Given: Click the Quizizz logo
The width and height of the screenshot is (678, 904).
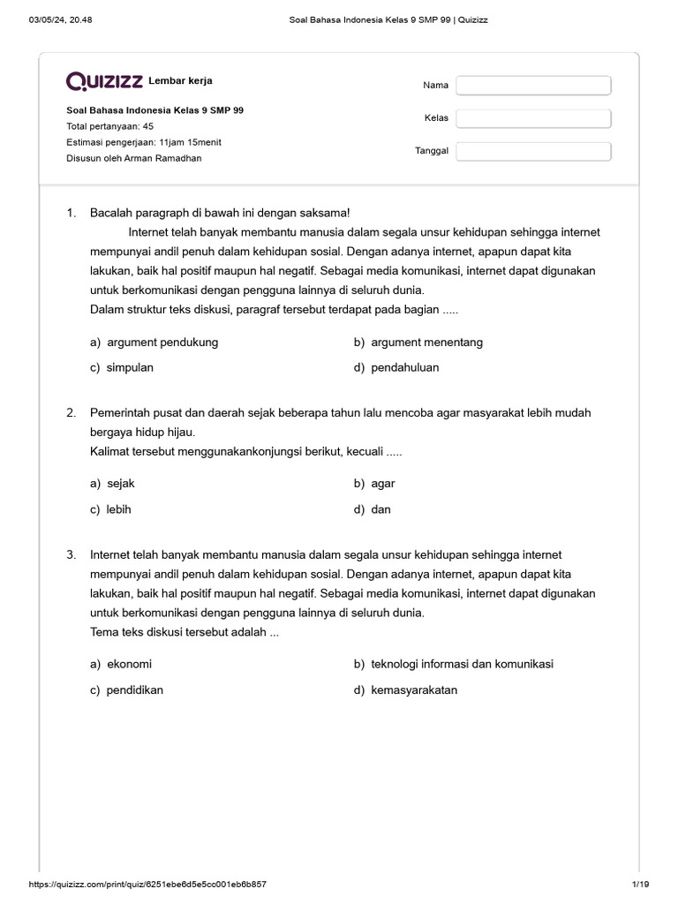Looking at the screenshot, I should pos(104,82).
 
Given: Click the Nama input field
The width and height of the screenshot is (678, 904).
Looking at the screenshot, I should pos(533,86).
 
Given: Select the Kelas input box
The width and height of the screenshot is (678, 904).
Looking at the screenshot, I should pos(533,118).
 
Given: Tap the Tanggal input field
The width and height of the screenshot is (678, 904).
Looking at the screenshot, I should pos(533,151).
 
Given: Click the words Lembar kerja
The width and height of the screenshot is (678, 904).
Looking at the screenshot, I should pos(180,81).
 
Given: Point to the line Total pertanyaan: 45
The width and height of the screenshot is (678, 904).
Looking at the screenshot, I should pos(110,126).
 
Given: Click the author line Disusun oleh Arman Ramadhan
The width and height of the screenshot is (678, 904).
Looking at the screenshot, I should pos(134,158).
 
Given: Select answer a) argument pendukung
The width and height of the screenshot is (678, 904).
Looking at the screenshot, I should pos(154,342).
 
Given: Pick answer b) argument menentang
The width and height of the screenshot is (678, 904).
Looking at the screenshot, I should pos(418,342).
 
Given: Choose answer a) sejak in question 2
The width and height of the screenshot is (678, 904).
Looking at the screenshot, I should pos(112,483).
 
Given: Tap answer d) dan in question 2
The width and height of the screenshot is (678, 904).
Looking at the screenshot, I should pos(373,509).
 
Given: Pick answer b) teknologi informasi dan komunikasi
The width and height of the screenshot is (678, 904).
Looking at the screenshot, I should pos(454,664).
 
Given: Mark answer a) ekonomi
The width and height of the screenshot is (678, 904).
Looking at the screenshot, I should pos(121,664).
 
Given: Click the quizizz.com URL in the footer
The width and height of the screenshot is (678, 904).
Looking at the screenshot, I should pos(147,884).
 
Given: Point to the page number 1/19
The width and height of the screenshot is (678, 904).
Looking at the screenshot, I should pos(640,884).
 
